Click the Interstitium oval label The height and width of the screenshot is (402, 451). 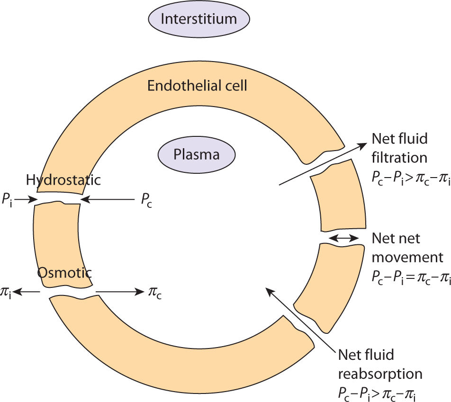coord(198,19)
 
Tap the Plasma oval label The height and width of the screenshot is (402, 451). coord(196,155)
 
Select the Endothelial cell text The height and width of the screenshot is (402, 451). coord(197,86)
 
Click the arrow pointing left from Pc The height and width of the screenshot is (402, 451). coord(108,200)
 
